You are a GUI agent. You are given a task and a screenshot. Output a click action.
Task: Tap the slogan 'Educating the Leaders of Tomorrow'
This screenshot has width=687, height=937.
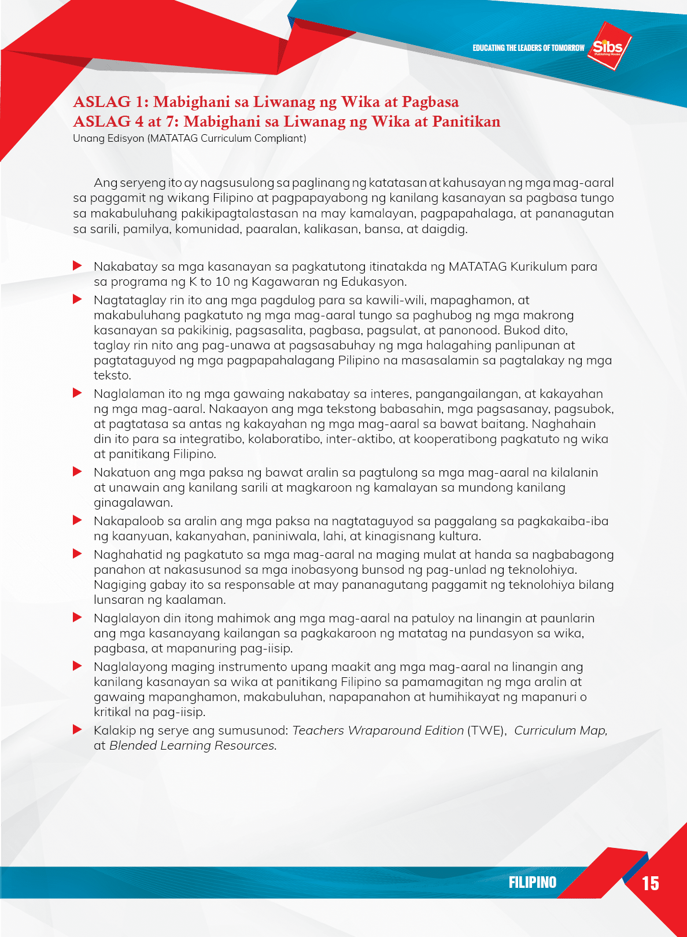click(528, 48)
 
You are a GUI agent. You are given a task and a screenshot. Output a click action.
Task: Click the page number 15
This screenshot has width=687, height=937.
click(650, 883)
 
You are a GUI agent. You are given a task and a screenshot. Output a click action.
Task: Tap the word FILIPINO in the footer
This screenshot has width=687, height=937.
click(532, 882)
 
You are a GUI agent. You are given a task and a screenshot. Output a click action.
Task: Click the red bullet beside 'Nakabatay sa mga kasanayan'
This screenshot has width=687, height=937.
click(77, 265)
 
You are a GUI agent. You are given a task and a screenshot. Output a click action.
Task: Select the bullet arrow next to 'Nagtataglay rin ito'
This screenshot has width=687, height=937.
click(77, 299)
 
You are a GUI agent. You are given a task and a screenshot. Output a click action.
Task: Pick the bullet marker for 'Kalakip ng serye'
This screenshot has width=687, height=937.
click(77, 729)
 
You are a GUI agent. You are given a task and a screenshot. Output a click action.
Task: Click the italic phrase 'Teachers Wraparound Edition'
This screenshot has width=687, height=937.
click(378, 731)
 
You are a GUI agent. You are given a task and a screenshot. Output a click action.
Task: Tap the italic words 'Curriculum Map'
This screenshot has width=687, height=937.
click(560, 731)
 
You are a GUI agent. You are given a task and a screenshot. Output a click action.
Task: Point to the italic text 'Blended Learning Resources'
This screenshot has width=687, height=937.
click(192, 746)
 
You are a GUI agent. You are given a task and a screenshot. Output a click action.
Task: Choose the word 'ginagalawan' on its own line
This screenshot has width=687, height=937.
click(132, 503)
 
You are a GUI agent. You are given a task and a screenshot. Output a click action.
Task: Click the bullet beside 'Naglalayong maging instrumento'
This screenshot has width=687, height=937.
click(77, 666)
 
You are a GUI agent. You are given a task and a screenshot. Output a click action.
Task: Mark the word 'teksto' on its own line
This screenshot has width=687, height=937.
click(112, 375)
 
